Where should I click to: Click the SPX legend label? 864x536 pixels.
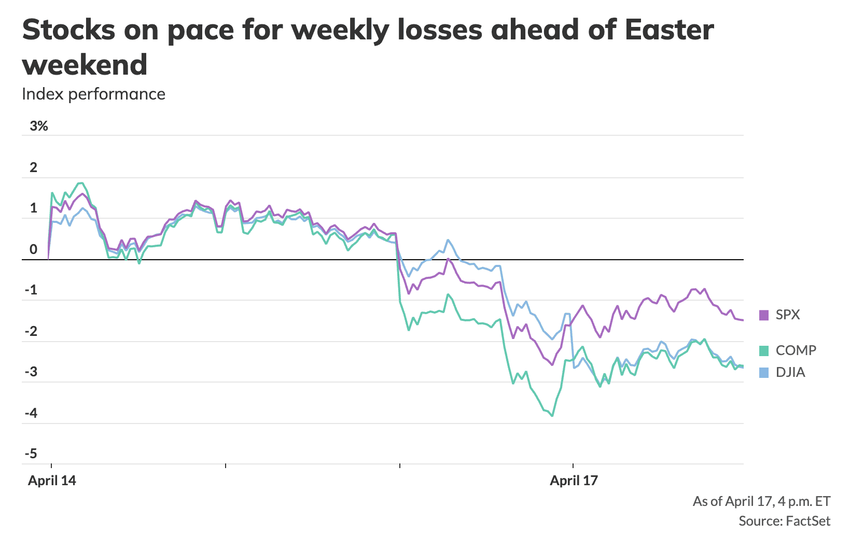coord(787,315)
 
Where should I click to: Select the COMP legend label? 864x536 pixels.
coord(796,350)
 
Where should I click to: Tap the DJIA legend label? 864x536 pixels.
coord(790,372)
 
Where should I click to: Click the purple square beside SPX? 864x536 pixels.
coord(763,315)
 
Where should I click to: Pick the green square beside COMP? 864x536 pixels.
coord(763,351)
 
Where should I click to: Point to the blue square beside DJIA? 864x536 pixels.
coord(763,372)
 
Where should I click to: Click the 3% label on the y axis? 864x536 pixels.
coord(38,126)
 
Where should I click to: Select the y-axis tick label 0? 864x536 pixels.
coord(34,249)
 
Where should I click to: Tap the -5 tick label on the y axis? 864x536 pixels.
coord(31,454)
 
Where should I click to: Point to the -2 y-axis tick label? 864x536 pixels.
coord(31,331)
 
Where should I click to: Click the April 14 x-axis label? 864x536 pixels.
coord(52,481)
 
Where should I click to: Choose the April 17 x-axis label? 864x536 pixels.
coord(574,481)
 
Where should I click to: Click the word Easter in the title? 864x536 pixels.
coord(669,30)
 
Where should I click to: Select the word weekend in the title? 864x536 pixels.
coord(85,65)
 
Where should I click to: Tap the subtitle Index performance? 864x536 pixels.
coord(93,94)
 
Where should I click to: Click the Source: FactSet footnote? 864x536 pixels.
coord(784,521)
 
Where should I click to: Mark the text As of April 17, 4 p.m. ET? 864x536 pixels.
coord(761,501)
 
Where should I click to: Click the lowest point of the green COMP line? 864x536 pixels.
coord(552,416)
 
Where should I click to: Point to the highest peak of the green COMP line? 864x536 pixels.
coord(81,183)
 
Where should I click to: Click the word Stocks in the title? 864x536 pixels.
coord(68,30)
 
